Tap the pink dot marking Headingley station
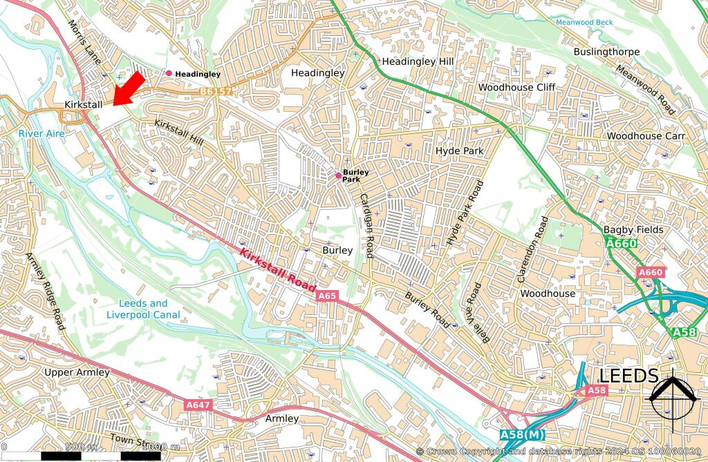(169, 73)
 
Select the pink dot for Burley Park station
(338, 175)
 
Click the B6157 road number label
(215, 91)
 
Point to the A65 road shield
(327, 296)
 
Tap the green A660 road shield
(621, 244)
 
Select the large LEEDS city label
(628, 376)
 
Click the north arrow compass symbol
(672, 395)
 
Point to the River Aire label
(41, 133)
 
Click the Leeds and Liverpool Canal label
(143, 309)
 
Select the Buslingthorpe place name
(606, 52)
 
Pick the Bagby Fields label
(633, 229)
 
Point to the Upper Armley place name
(77, 372)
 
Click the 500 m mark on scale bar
(80, 447)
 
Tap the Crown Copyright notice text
(561, 452)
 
